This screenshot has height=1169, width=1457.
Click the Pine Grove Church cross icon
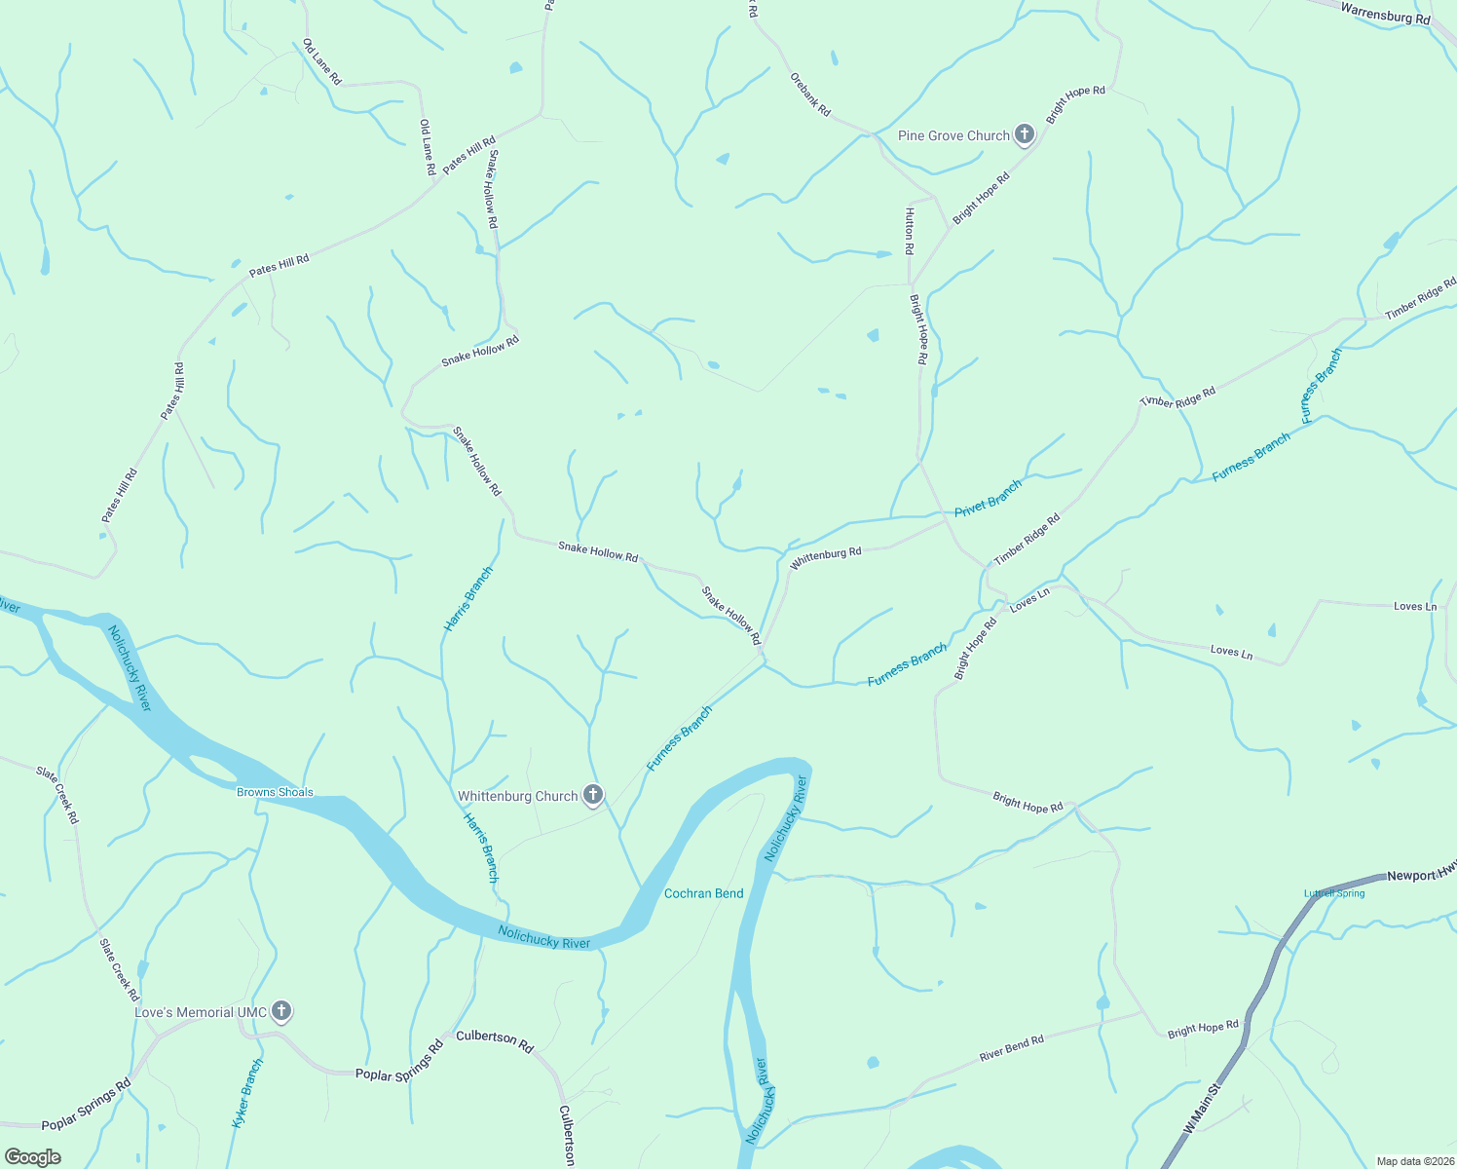1024,134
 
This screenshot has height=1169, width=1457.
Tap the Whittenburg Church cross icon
593,795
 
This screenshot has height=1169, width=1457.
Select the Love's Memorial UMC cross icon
281,1011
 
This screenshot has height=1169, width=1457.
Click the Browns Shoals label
275,792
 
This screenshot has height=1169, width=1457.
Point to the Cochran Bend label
703,893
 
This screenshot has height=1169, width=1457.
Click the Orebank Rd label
810,94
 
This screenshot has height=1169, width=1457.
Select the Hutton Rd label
909,231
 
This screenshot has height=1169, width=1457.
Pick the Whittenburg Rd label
826,557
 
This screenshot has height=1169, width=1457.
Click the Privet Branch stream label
988,498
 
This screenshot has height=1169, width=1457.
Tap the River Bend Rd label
1011,1047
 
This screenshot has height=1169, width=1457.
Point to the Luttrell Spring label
1334,893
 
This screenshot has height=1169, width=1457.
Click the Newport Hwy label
1421,876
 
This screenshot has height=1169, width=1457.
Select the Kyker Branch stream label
247,1093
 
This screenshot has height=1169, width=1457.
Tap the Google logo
33,1157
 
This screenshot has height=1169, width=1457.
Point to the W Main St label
1201,1110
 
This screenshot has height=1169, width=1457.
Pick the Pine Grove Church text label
953,135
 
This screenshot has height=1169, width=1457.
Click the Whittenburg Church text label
518,796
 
